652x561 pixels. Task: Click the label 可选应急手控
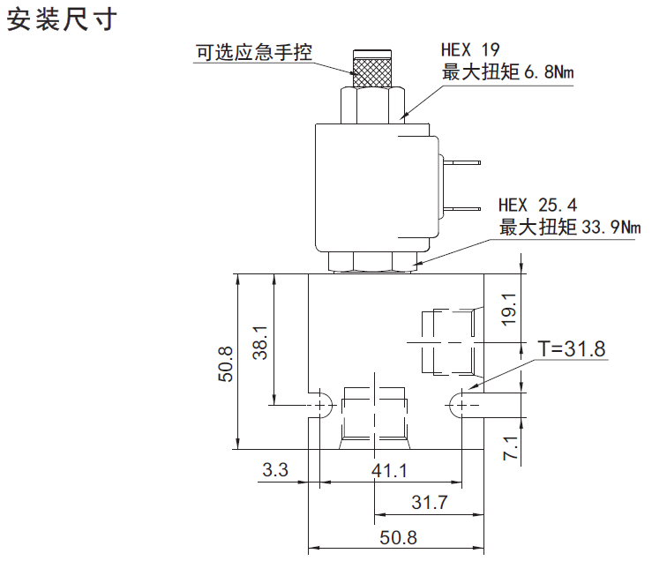pos(254,53)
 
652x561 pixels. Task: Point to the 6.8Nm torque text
pos(549,72)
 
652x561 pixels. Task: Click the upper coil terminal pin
pos(463,162)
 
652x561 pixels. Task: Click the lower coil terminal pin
pos(463,208)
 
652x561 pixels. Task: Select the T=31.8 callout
pos(572,349)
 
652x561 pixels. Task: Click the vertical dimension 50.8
pos(225,363)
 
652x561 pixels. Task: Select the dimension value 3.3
pos(275,470)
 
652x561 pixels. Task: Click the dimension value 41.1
pos(389,470)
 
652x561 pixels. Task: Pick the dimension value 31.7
pos(431,503)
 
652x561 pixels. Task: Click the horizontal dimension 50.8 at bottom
pos(397,537)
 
